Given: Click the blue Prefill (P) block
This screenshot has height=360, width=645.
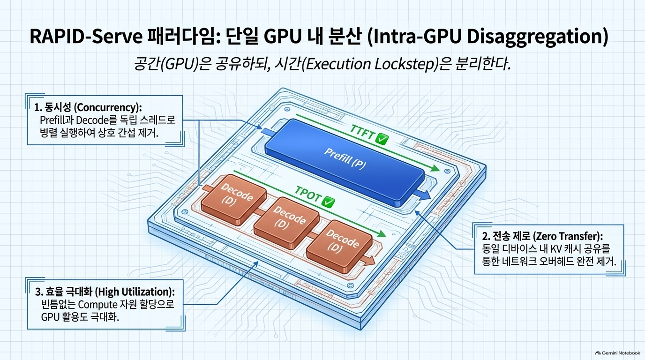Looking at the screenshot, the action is pos(345,163).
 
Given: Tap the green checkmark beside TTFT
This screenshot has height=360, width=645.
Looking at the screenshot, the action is pos(382,140).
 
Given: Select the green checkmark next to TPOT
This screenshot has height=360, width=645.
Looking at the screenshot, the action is pos(328,202).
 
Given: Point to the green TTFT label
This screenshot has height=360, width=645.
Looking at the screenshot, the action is pos(362,133).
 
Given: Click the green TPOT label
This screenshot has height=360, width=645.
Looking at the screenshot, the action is pos(308,195).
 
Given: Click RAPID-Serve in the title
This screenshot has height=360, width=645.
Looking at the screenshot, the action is pos(86,37).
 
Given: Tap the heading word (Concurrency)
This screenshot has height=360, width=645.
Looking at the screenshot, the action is pos(108,107).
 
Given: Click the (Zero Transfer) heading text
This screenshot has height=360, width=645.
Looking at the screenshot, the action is pos(568,236).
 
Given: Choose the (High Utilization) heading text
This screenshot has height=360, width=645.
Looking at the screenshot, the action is pos(136,292).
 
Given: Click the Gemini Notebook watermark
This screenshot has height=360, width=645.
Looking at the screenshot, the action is pos(618,353).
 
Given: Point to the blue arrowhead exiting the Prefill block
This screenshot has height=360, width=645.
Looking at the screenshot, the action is pos(425,195).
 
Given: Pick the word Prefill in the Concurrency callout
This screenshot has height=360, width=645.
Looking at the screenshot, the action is pos(51,120).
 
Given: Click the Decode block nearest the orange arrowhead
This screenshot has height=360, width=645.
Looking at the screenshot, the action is pos(339,247).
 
